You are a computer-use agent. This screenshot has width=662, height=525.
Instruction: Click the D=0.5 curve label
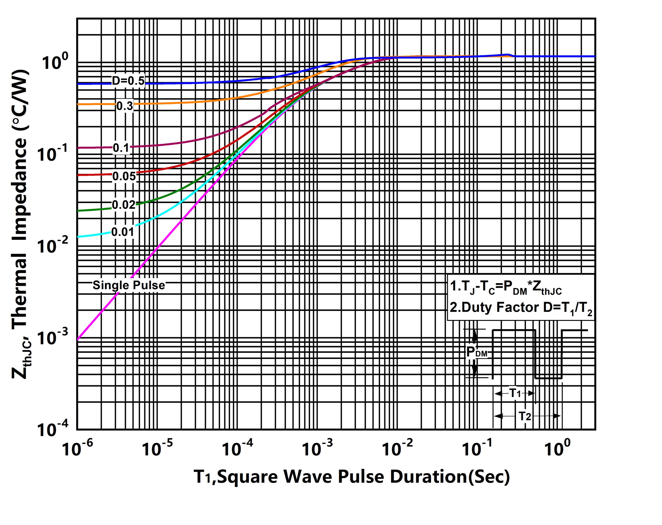click(x=128, y=81)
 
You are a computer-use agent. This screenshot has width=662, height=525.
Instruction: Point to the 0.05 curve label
click(x=124, y=176)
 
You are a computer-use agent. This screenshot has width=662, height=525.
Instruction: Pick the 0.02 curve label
click(x=123, y=205)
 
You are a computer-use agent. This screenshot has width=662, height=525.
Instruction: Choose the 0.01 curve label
click(x=122, y=232)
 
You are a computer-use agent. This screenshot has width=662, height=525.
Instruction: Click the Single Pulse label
click(x=129, y=285)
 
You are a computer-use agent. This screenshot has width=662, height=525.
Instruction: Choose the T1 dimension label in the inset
click(x=515, y=393)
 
